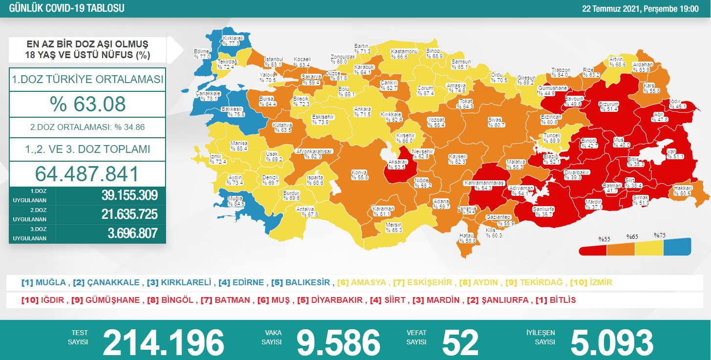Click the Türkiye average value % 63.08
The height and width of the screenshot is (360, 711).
[87, 104]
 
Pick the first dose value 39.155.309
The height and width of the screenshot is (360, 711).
[129, 195]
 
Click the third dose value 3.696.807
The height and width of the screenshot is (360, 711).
[132, 233]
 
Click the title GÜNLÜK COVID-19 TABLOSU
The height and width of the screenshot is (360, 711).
[63, 9]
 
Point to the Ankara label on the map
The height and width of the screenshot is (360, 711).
[363, 111]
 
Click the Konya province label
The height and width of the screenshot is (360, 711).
[359, 175]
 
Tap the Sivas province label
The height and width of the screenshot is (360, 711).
[496, 122]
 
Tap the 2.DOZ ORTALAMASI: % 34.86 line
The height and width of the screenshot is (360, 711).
[87, 127]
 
